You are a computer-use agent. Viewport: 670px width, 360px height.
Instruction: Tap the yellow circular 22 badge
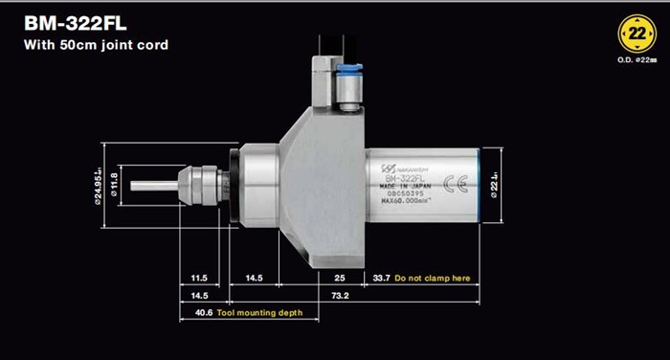pos(636,34)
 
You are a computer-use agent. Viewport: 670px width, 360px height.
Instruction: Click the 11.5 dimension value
pos(200,278)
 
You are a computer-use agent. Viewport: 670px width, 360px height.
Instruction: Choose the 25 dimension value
pos(342,278)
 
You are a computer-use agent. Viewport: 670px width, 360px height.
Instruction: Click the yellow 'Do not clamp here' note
pos(433,278)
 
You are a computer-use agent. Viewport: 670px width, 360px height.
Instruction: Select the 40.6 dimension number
pos(201,312)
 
